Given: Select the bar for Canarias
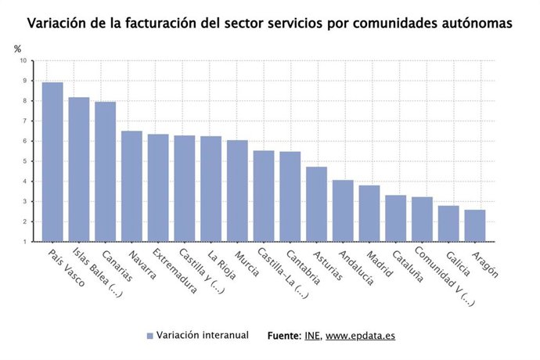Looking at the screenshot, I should [x=105, y=171].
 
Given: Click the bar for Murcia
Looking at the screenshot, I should [x=237, y=191].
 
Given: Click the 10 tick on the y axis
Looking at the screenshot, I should [x=23, y=60].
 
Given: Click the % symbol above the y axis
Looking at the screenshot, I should [x=18, y=49].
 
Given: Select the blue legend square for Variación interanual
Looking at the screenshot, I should [x=149, y=336].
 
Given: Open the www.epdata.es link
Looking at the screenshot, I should [x=360, y=336].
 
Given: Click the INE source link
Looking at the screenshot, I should [x=311, y=336].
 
